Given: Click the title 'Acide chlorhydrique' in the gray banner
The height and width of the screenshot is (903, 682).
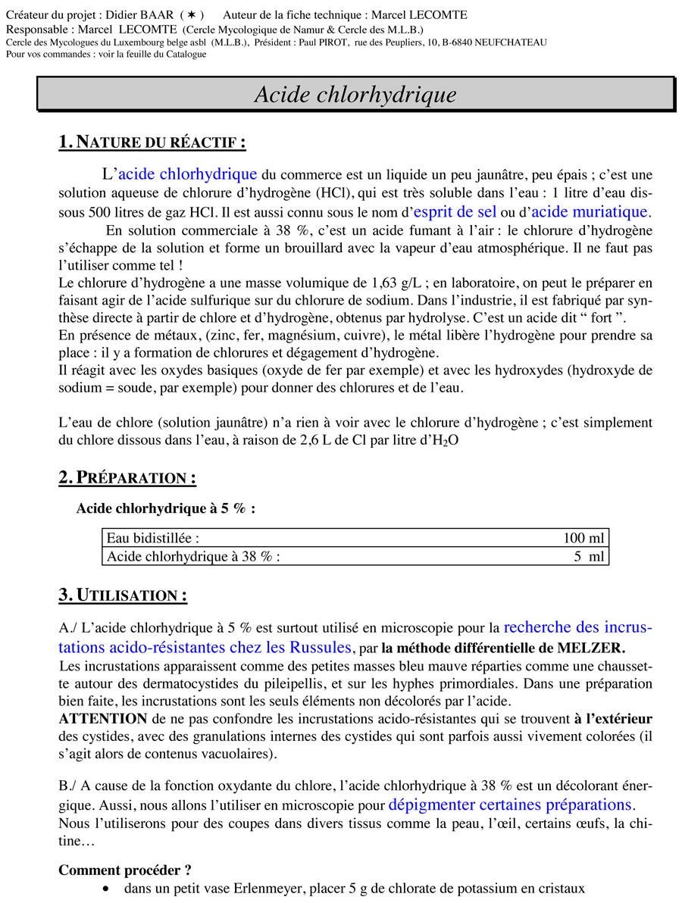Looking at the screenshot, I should click(x=355, y=95).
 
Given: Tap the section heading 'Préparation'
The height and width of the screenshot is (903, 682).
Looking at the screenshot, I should click(x=127, y=478).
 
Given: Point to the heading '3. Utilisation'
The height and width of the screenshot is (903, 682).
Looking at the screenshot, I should click(x=123, y=595).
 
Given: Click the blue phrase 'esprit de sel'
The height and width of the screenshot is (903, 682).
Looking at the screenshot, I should click(x=455, y=212).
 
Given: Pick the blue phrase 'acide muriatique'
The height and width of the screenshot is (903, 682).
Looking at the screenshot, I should click(x=595, y=212).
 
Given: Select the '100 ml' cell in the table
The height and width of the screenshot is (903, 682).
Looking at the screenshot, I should click(x=583, y=539).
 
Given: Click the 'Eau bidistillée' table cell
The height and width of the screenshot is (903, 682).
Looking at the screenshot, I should click(x=153, y=539).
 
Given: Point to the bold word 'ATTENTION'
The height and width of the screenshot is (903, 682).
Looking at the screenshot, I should click(x=102, y=718).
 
